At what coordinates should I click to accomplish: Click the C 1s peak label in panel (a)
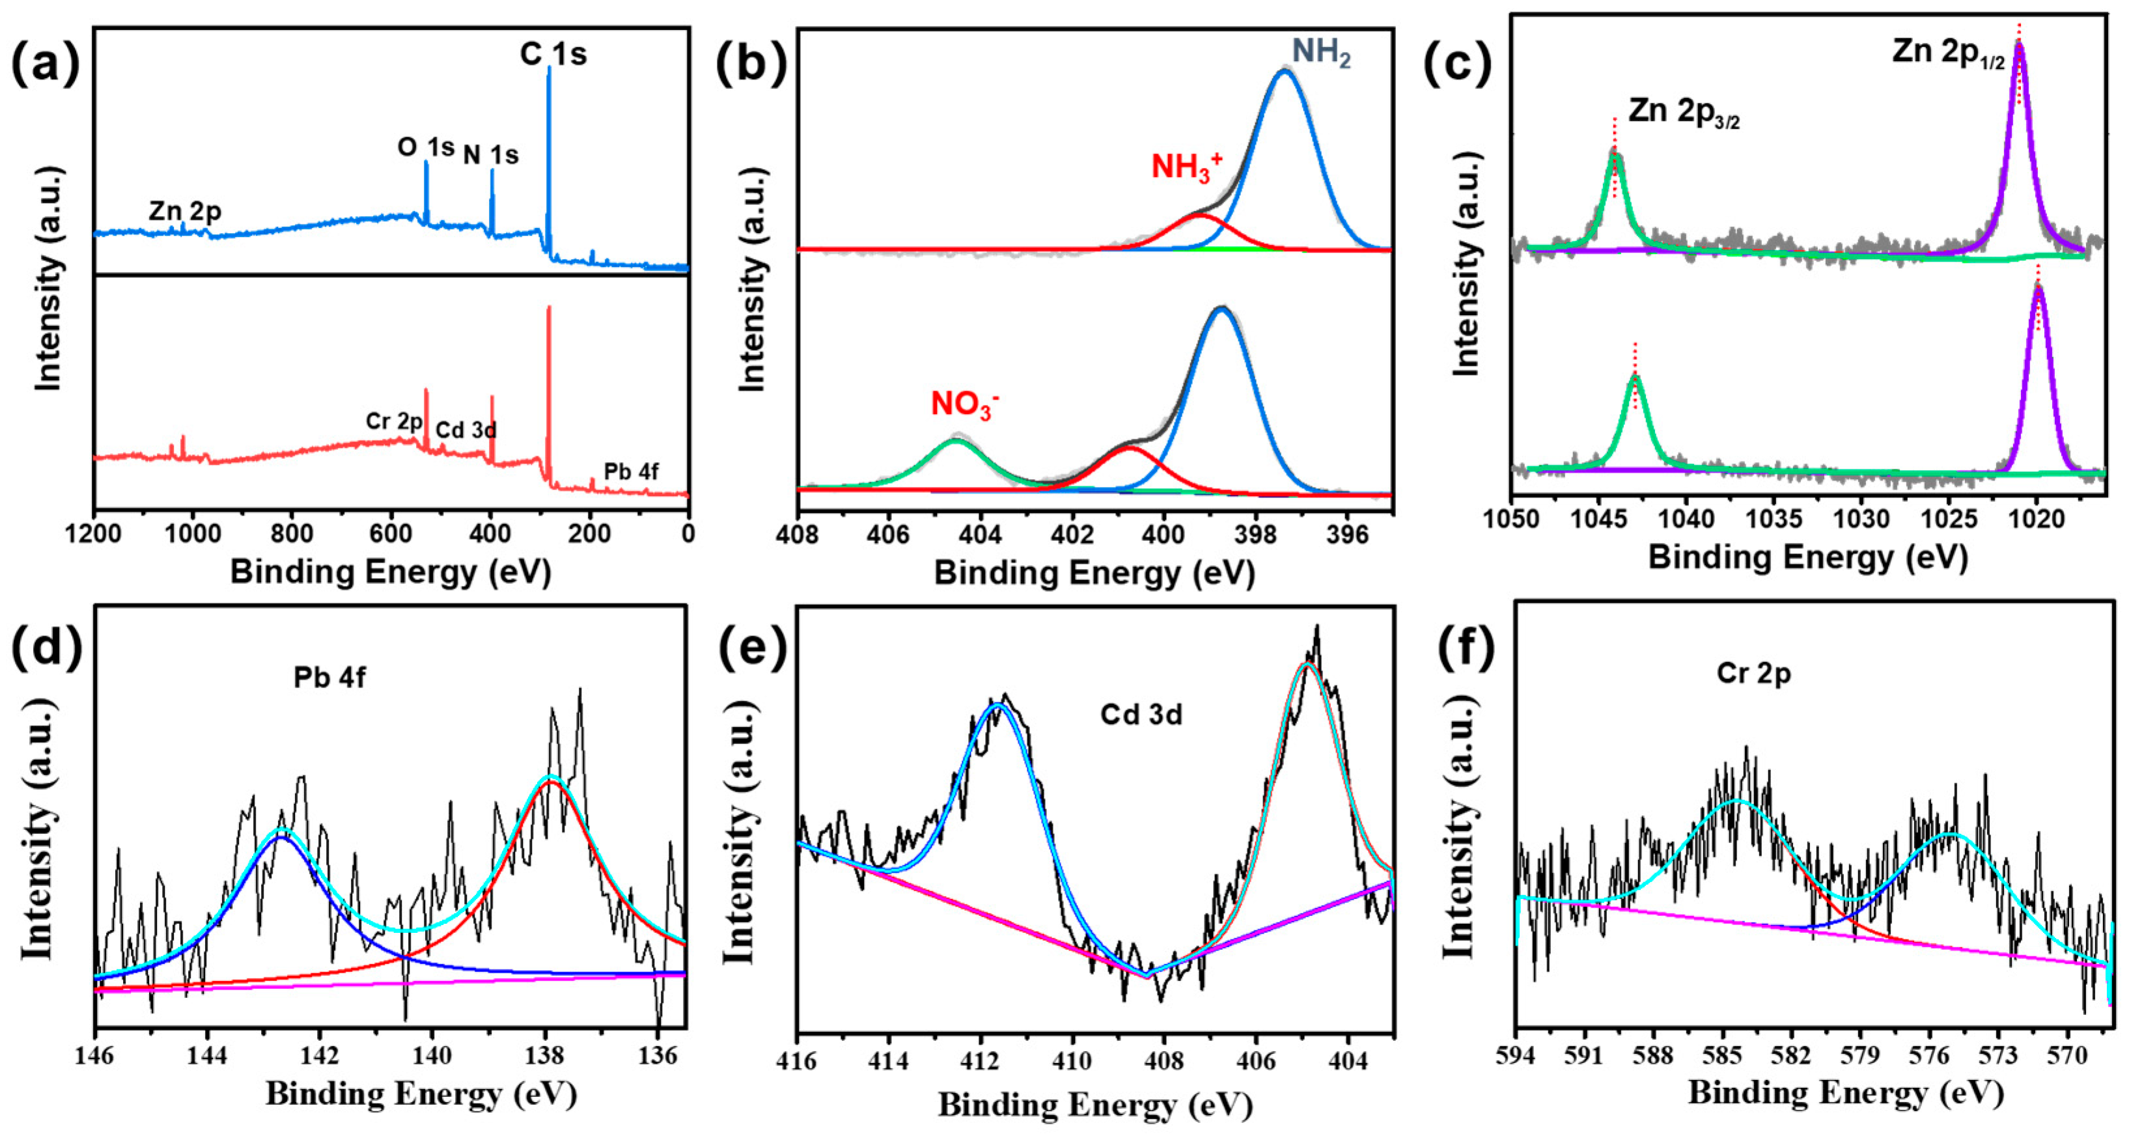(553, 55)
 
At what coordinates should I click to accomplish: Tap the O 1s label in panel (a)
(425, 147)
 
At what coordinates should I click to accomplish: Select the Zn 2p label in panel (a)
(186, 212)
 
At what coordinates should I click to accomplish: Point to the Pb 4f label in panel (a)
(631, 471)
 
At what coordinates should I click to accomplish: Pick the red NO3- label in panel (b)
(964, 404)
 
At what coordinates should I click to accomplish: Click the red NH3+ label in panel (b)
(1186, 166)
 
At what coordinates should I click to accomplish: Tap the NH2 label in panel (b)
(1321, 51)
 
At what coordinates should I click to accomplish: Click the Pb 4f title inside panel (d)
(329, 678)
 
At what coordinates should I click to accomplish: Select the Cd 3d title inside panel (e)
(1141, 714)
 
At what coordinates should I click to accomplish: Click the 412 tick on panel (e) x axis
(981, 1060)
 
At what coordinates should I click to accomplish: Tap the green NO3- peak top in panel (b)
(956, 441)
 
